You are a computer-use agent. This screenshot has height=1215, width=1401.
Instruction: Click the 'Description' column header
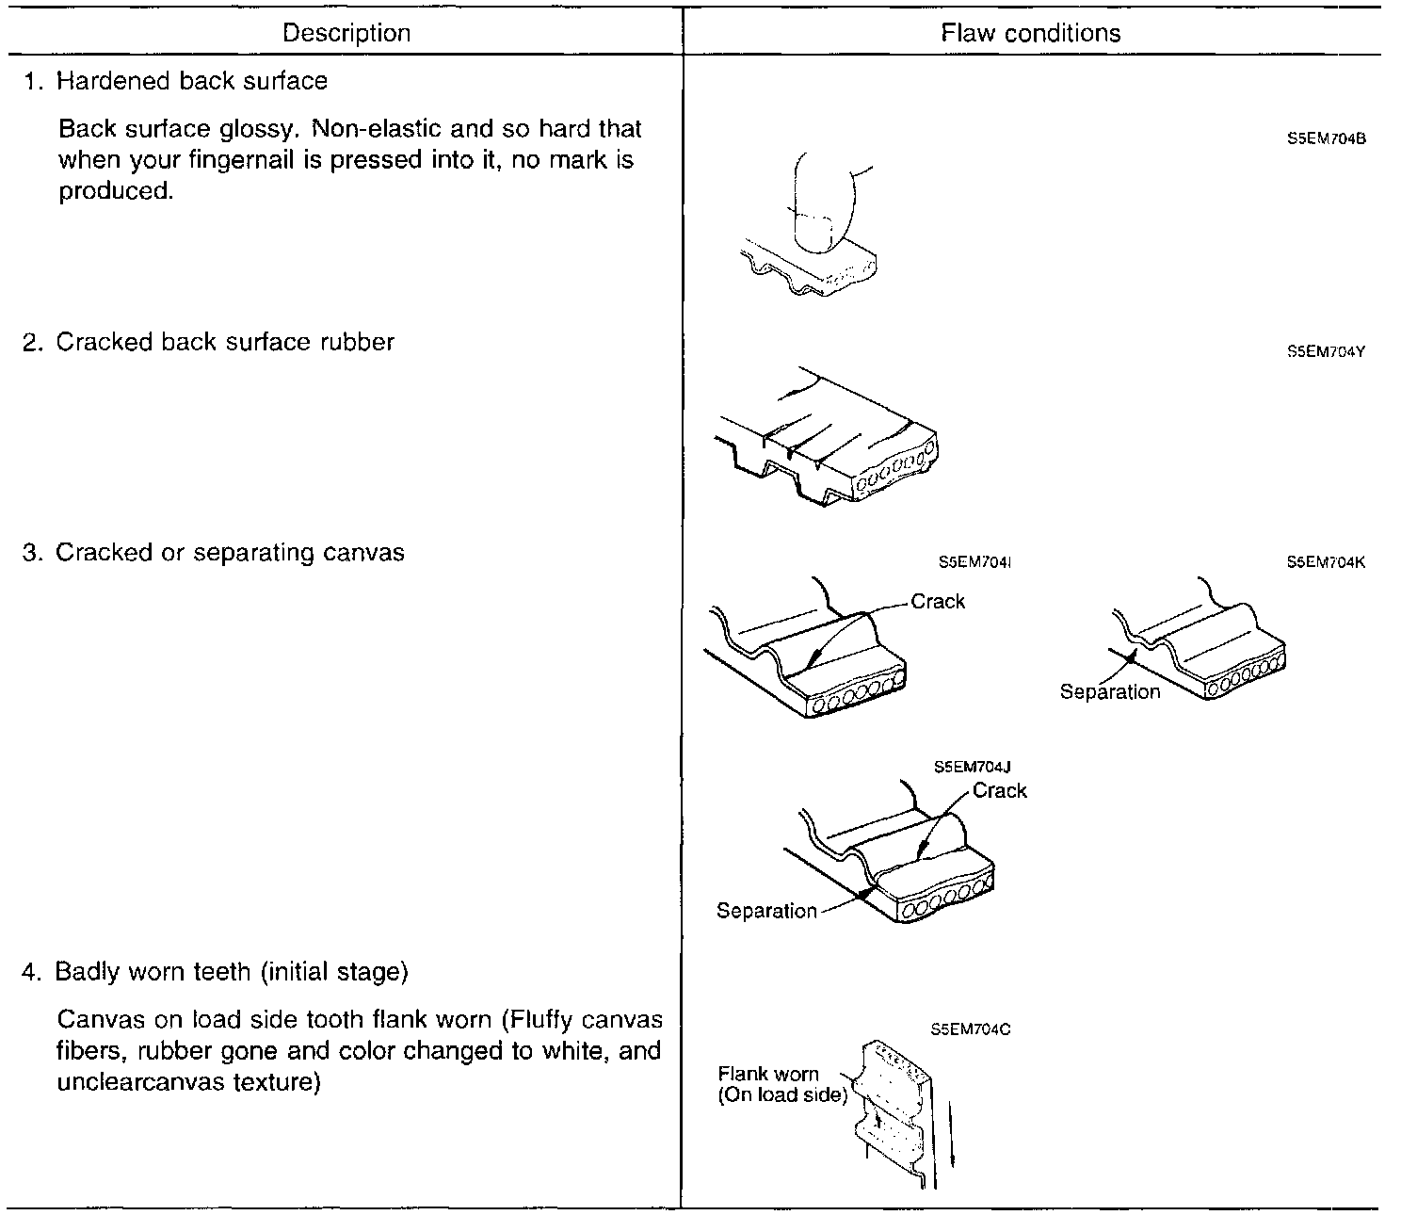pos(346,34)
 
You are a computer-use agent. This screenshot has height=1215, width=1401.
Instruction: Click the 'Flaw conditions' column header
pos(1030,34)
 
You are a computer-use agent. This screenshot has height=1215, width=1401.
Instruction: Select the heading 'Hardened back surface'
pos(191,81)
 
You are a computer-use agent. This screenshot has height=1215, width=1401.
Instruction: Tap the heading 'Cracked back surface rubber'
pos(224,342)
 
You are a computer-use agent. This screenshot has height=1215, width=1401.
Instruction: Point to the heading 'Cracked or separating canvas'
pos(230,552)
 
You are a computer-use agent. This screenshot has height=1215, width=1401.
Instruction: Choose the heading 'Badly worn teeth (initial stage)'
pos(231,971)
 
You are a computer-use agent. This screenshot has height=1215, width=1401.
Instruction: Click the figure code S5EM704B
pos(1326,138)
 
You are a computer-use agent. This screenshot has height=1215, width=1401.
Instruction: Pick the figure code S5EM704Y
pos(1326,352)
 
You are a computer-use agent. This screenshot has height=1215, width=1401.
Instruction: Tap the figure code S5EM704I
pos(974,562)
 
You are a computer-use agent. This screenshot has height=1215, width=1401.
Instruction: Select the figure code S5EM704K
pos(1326,562)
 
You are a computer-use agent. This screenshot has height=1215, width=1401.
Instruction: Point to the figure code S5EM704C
pos(971,1029)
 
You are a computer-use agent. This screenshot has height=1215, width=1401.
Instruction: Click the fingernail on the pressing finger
pos(813,231)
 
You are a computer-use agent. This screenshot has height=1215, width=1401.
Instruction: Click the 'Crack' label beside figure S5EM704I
pos(938,602)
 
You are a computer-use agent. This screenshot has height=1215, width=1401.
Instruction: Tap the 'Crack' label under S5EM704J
pos(999,791)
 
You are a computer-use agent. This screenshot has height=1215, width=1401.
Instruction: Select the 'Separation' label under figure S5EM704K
pos(1110,692)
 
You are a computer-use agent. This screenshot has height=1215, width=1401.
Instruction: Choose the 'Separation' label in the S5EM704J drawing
pos(766,911)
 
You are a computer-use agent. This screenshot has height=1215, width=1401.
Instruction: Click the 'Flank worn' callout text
pos(768,1074)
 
